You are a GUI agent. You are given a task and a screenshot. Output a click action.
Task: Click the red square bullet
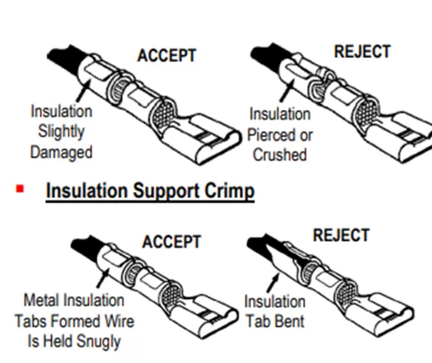[x=20, y=189]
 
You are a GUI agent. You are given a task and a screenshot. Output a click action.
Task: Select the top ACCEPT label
[x=167, y=56]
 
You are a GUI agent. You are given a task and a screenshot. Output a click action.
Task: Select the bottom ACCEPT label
[x=172, y=242]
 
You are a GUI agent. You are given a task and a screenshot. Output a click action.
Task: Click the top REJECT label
[x=363, y=51]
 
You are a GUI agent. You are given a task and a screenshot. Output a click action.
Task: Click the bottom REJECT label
[x=341, y=235]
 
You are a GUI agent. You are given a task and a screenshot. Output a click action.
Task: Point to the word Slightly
[x=61, y=132]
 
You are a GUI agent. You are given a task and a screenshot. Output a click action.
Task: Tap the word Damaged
[x=61, y=153]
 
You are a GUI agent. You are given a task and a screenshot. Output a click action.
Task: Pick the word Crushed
[x=280, y=154]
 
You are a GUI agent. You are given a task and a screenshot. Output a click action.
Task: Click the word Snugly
[x=99, y=341]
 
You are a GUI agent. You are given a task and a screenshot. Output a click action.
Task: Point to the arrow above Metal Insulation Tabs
[x=103, y=279]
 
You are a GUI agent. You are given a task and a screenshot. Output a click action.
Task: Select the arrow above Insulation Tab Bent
[x=273, y=282]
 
